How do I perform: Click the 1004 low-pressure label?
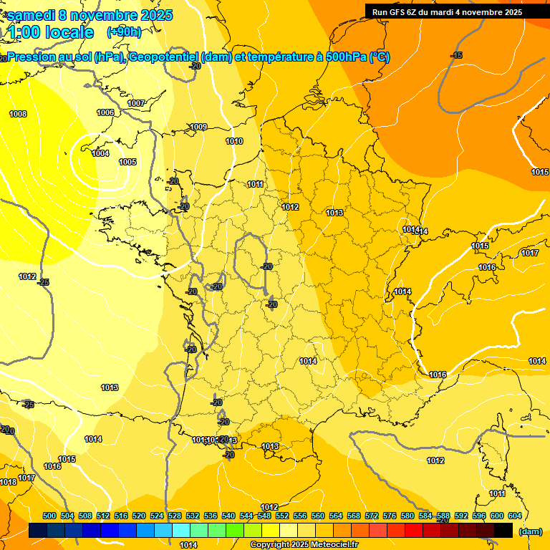100,154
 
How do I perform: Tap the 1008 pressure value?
18,115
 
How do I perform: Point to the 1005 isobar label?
127,163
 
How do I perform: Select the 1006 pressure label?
105,113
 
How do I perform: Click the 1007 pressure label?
136,104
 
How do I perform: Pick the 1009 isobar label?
198,127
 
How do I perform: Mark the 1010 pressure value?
234,141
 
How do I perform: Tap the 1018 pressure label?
9,483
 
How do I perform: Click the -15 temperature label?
456,56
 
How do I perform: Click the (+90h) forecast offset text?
124,32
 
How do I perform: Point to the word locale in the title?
69,32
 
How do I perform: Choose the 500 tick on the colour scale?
49,516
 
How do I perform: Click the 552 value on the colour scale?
282,516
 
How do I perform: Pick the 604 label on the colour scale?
515,516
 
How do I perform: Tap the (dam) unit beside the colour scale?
531,531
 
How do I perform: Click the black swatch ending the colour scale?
503,531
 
